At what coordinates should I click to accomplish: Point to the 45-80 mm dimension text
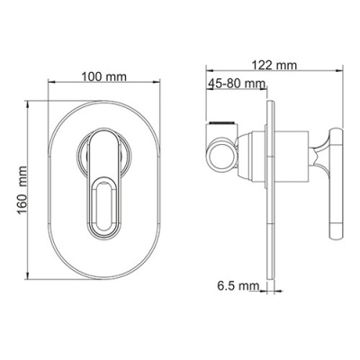click(237, 84)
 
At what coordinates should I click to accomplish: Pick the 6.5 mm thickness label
click(238, 286)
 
